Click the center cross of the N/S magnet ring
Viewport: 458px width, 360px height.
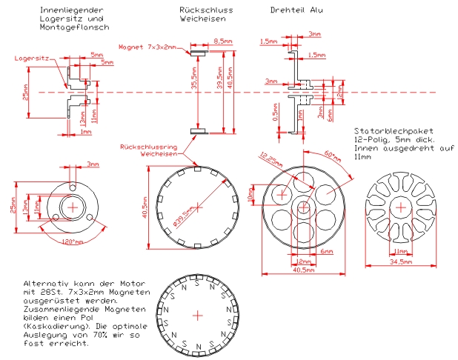197,316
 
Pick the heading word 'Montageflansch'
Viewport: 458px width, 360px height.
74,26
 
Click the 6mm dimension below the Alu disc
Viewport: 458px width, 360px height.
327,252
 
